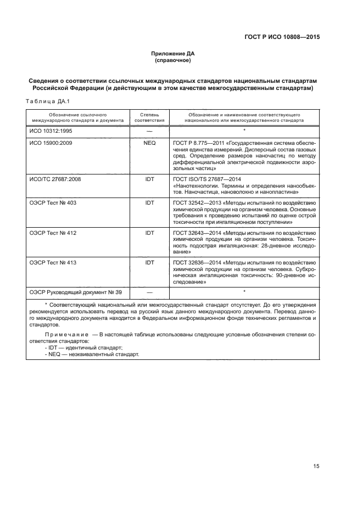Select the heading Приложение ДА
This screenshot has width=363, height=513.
pyautogui.click(x=173, y=53)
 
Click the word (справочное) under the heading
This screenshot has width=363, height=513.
pyautogui.click(x=173, y=60)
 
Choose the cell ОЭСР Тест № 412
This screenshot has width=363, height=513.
pyautogui.click(x=53, y=233)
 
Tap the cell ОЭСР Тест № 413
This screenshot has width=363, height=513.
pyautogui.click(x=53, y=263)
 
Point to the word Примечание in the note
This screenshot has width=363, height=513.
pyautogui.click(x=66, y=334)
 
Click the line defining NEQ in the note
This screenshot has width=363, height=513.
pyautogui.click(x=92, y=354)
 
